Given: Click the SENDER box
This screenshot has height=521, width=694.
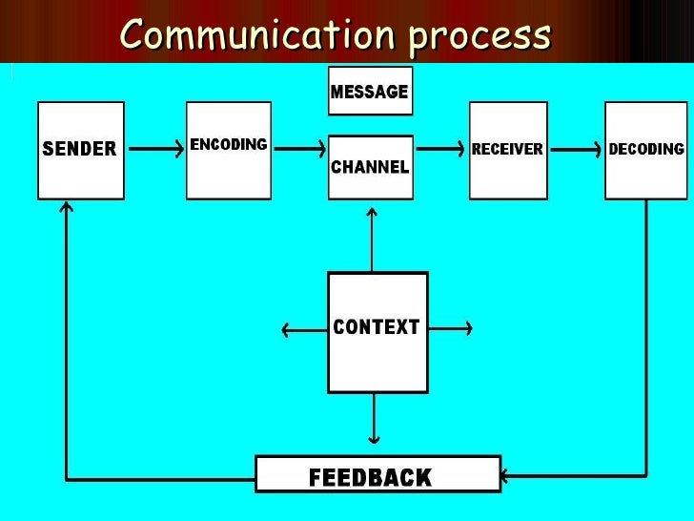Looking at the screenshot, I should coord(80,150).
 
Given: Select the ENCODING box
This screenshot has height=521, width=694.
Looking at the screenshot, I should coord(229,150).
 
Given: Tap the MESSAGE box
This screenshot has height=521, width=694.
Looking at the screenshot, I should coord(370,91).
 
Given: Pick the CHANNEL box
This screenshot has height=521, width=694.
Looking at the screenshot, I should coord(370,167).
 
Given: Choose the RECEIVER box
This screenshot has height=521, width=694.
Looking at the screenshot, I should coord(507,150).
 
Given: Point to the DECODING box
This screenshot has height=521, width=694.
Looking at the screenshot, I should coord(646,150).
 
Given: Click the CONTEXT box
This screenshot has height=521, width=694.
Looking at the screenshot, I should coord(377,331).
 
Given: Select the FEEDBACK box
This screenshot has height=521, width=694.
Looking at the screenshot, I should coord(378,474).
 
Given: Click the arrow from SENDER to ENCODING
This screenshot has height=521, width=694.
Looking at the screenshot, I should coord(154,149).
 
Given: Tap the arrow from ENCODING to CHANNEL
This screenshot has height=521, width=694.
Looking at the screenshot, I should coord(297,149).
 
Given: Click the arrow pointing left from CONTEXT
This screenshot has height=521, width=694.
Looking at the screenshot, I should coord(303,331).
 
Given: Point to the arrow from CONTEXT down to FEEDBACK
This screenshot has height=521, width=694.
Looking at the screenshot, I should coord(374,420).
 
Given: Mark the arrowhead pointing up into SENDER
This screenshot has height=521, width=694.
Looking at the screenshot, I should coord(66,206).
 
